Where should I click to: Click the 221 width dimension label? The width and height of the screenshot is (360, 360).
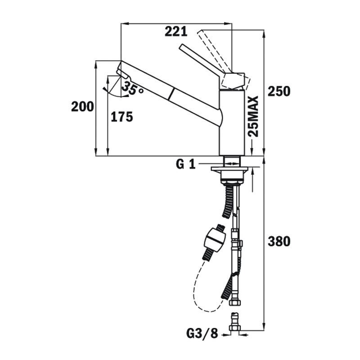click(x=176, y=31)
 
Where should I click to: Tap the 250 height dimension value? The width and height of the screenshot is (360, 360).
click(x=279, y=91)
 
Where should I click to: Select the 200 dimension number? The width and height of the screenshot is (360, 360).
click(x=82, y=107)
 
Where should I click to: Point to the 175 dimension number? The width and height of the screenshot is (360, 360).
click(x=122, y=117)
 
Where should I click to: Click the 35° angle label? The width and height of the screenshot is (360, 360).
click(x=132, y=88)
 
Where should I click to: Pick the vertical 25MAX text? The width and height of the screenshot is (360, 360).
click(x=253, y=116)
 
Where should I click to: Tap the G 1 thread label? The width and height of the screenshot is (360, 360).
click(x=185, y=164)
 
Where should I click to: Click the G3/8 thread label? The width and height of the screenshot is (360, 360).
click(x=202, y=333)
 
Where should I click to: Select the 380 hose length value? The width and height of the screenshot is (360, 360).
click(x=279, y=242)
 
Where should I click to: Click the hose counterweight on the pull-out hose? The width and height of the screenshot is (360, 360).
click(x=215, y=240)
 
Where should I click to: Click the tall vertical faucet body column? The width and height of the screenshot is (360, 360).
click(x=232, y=123)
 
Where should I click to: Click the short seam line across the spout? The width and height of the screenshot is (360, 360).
click(x=171, y=94)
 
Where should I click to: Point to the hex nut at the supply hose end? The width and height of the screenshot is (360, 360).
click(x=235, y=301)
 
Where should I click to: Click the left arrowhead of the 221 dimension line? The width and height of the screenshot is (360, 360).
click(x=124, y=23)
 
